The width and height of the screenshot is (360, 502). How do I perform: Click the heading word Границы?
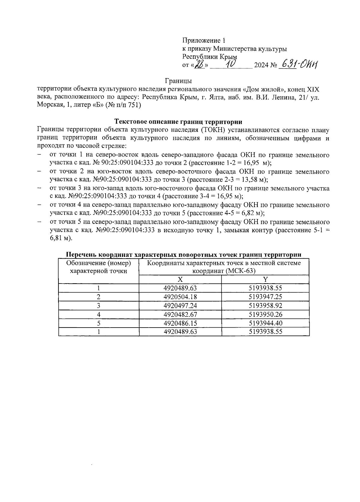click(x=178, y=81)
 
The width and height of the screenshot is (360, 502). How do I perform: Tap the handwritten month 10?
click(x=231, y=64)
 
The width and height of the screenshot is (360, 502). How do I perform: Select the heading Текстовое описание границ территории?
click(x=178, y=122)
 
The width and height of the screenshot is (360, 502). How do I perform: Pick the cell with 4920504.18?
click(x=180, y=297)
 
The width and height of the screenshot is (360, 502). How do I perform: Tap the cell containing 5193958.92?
click(x=265, y=306)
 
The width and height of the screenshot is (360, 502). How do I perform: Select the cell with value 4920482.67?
click(x=180, y=314)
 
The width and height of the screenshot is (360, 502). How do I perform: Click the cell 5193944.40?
click(x=265, y=323)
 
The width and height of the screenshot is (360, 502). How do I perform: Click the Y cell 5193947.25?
click(x=265, y=297)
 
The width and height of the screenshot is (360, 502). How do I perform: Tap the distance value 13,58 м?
click(x=254, y=180)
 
